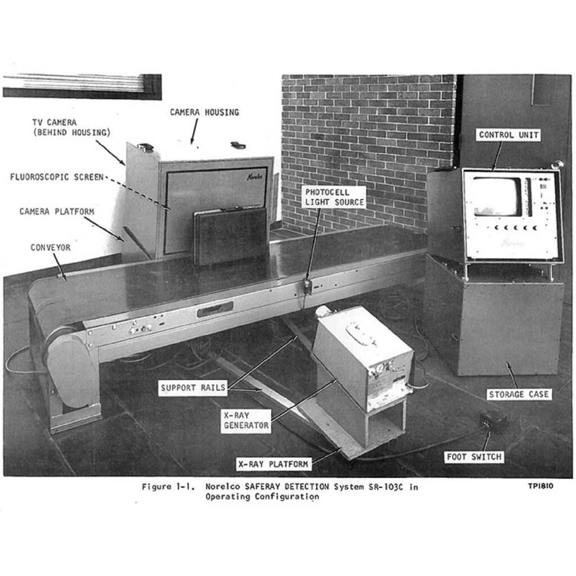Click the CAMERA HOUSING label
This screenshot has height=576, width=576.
pyautogui.click(x=204, y=112)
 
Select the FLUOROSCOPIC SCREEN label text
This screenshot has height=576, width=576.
pyautogui.click(x=57, y=177)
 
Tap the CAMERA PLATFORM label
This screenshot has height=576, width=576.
pyautogui.click(x=57, y=211)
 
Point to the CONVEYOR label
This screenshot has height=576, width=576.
pyautogui.click(x=50, y=247)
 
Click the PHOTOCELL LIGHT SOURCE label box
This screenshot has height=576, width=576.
pyautogui.click(x=335, y=197)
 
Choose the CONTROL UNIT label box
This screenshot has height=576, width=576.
pyautogui.click(x=508, y=135)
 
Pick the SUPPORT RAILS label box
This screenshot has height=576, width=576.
pyautogui.click(x=193, y=388)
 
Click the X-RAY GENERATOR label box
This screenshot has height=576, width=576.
pyautogui.click(x=246, y=421)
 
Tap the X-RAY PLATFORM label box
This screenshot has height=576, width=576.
pyautogui.click(x=273, y=464)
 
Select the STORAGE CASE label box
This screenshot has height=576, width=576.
pyautogui.click(x=519, y=394)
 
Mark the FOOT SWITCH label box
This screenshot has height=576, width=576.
pyautogui.click(x=474, y=457)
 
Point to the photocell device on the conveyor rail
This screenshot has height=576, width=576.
pyautogui.click(x=307, y=286)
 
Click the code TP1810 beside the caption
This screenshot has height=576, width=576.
pyautogui.click(x=541, y=486)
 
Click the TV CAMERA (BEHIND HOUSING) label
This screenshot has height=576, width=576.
pyautogui.click(x=71, y=128)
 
